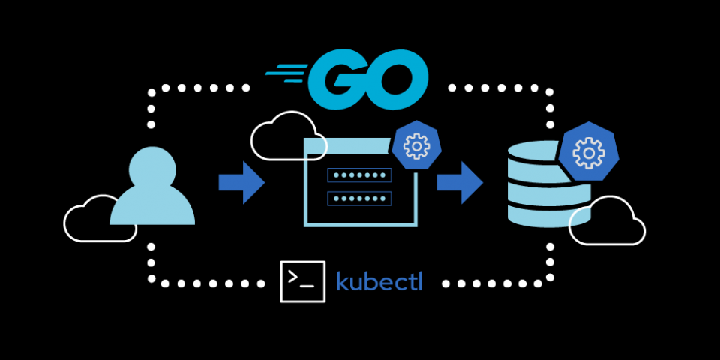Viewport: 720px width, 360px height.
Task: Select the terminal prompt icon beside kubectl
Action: click(x=302, y=281)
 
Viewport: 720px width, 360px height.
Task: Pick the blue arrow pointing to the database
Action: click(x=460, y=182)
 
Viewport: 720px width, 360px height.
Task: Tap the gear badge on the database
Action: click(x=589, y=154)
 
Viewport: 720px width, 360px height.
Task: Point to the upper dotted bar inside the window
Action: click(x=359, y=175)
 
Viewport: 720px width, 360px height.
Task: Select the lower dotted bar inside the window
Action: click(x=359, y=199)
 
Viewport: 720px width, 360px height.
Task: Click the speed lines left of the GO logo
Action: click(x=286, y=72)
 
